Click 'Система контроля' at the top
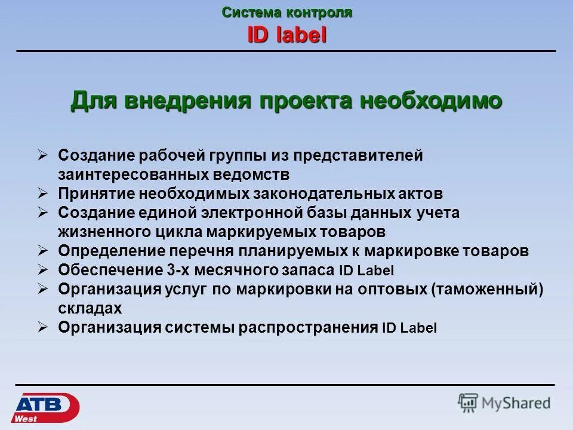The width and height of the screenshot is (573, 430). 287,13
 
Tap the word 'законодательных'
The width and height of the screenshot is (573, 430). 319,193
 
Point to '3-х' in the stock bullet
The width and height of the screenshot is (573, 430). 180,270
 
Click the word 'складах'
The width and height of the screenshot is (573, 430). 90,308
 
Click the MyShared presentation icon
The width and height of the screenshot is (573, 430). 469,403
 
